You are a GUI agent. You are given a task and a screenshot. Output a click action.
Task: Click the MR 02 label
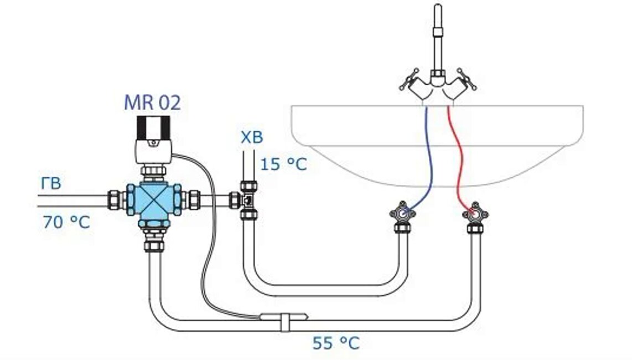coord(152,102)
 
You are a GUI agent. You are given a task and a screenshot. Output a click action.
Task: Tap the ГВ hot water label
coord(50,183)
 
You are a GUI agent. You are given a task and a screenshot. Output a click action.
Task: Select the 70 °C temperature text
coord(66,223)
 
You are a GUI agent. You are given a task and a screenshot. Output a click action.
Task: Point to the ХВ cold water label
coord(251,137)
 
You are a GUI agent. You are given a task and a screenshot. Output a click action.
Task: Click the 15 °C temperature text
coord(283,164)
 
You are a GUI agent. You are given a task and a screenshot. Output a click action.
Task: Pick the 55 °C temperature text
coord(335,343)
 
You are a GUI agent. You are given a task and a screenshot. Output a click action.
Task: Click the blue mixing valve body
coord(151,199)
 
